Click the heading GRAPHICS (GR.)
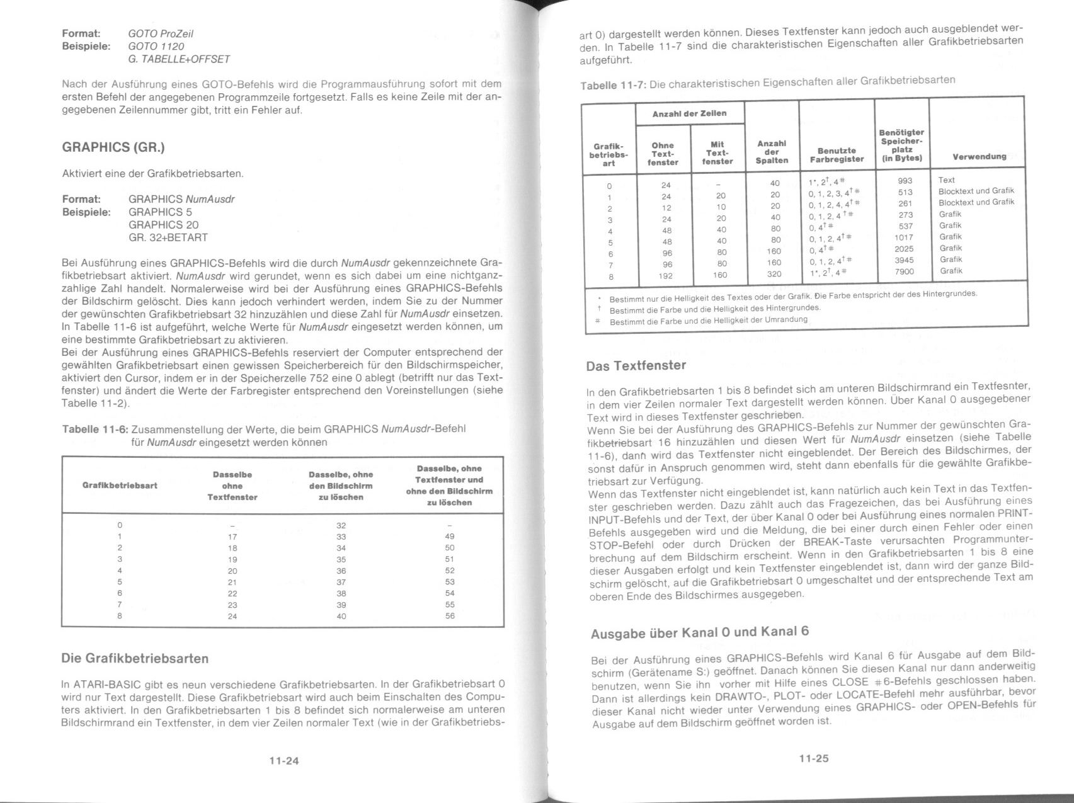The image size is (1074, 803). [x=113, y=147]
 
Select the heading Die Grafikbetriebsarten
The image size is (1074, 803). [x=135, y=659]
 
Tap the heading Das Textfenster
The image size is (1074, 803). [x=636, y=366]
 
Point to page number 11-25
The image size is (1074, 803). [x=814, y=758]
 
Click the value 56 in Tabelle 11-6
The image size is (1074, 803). [x=449, y=616]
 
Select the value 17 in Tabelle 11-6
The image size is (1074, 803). [x=232, y=537]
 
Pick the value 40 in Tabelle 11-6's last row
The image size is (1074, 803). [x=341, y=616]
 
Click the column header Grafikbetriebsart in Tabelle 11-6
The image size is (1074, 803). [x=120, y=486]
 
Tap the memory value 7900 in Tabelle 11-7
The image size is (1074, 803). [x=904, y=271]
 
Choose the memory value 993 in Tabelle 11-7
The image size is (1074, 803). [x=905, y=181]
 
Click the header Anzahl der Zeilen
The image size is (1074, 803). [x=689, y=113]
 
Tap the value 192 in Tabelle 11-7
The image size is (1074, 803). [x=666, y=275]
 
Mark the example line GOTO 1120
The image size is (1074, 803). [x=156, y=47]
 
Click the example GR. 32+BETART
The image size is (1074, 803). [x=168, y=237]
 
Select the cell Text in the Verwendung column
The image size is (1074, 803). [x=946, y=180]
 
